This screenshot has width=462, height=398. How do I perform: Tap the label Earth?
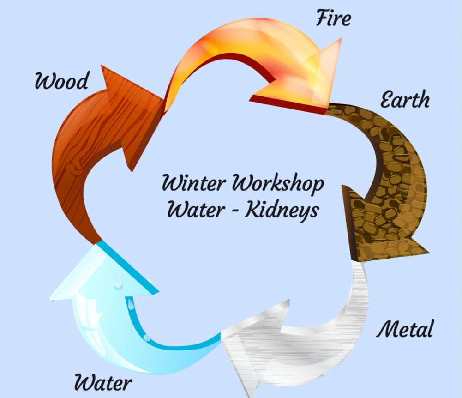click(404, 99)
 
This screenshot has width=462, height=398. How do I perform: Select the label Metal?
click(405, 329)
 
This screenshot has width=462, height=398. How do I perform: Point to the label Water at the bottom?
click(103, 382)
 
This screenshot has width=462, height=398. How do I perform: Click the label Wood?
click(61, 82)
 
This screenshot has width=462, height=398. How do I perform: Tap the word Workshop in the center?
click(277, 184)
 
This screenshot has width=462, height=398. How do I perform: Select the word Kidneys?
click(282, 210)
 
